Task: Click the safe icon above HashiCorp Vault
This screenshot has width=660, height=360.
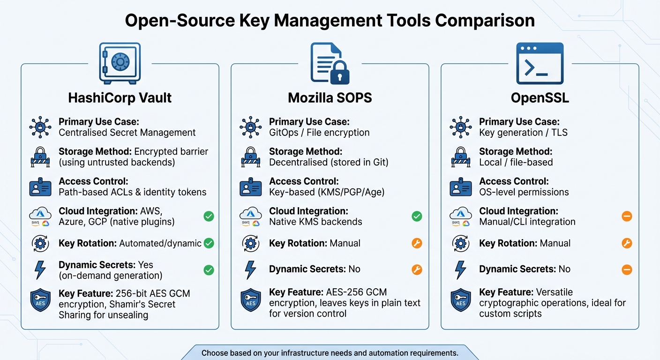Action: (x=120, y=63)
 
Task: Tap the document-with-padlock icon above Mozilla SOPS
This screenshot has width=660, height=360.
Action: (x=330, y=63)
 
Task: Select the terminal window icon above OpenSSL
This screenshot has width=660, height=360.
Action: (x=540, y=63)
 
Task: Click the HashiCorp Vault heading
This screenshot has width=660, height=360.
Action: (x=120, y=97)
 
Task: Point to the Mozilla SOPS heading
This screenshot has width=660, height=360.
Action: (x=330, y=97)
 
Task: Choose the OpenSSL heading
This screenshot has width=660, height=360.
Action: (x=540, y=97)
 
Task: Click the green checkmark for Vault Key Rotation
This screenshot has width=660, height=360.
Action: (x=209, y=243)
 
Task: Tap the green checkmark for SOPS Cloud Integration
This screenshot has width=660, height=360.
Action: (x=417, y=216)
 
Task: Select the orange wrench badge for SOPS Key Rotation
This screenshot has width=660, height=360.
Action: (x=417, y=243)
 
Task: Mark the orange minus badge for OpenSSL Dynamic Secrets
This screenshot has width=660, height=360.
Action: (x=627, y=270)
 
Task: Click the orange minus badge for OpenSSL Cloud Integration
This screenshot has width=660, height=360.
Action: (x=627, y=216)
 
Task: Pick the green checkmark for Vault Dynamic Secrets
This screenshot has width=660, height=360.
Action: (x=209, y=270)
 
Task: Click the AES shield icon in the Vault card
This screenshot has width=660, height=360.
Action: (x=40, y=300)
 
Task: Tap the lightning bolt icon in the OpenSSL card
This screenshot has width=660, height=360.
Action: (x=461, y=270)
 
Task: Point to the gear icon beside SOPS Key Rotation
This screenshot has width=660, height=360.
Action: (x=250, y=243)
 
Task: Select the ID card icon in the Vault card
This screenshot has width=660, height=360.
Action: (x=40, y=187)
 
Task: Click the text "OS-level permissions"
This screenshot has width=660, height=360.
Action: (x=524, y=192)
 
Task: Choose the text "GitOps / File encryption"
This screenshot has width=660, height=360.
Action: (x=319, y=133)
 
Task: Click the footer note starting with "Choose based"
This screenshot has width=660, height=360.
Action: (x=330, y=352)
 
